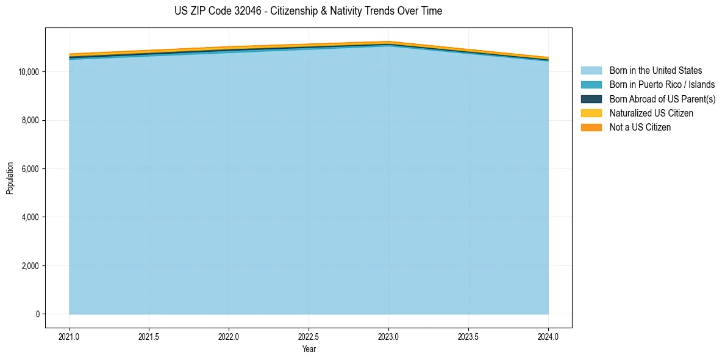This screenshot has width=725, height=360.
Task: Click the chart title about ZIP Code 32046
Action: pos(308,11)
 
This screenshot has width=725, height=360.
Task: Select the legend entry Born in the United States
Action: pos(655,71)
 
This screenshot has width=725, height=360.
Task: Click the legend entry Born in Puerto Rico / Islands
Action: pos(662,85)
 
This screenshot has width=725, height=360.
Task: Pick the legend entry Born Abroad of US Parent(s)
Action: pos(662,99)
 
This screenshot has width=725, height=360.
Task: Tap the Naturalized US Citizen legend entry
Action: pos(651,113)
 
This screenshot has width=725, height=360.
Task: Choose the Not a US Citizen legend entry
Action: pos(640,128)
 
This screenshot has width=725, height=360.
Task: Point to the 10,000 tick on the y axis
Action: pos(29,72)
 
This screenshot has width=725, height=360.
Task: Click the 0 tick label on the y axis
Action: pos(37,314)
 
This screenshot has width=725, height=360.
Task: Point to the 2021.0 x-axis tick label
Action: pos(70,336)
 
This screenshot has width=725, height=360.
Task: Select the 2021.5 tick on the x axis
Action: pos(149,336)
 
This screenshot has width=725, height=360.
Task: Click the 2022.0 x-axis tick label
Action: pos(229,336)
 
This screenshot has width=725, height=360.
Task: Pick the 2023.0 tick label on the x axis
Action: pos(388,336)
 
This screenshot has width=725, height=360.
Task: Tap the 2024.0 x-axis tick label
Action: pos(548,336)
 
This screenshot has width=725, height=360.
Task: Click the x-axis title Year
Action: pos(309,349)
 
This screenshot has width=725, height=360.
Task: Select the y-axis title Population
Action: pos(10,178)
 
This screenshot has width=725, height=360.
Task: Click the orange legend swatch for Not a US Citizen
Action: pos(591,128)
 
